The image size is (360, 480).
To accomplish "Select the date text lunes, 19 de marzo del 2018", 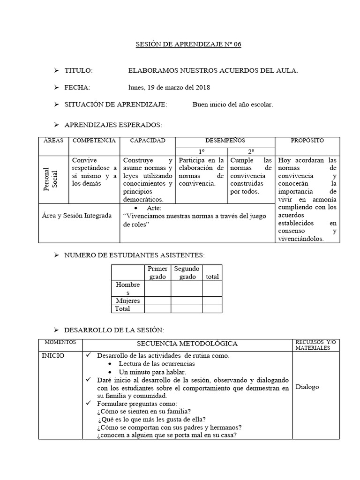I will (169, 87).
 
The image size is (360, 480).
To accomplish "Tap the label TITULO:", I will (79, 70).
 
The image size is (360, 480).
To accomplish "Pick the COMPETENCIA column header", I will (94, 141).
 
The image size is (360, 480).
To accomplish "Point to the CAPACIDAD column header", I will (147, 141).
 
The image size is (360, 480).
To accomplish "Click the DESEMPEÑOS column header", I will (225, 141).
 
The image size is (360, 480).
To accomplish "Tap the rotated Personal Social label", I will (50, 180).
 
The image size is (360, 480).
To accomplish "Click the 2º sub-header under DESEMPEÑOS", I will (251, 152).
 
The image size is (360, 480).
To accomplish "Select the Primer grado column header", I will (157, 272).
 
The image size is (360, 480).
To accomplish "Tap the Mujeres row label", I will (127, 300).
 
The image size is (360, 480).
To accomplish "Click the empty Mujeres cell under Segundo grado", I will (187, 300).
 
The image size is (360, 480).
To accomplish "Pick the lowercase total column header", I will (212, 277).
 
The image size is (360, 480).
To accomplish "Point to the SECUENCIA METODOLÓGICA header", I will (187, 344).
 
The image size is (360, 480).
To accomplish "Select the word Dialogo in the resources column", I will (307, 387).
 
